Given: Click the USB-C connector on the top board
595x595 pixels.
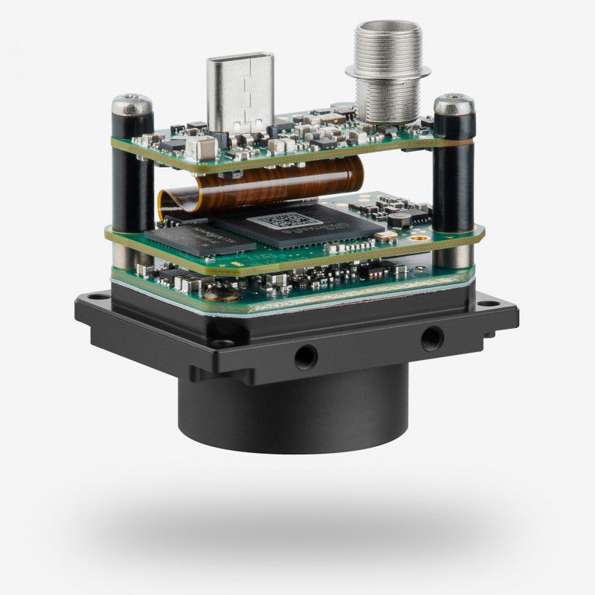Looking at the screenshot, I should (x=240, y=89).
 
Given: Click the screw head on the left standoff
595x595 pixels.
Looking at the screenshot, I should (x=132, y=104).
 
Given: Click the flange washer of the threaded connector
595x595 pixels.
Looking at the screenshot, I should (x=387, y=71).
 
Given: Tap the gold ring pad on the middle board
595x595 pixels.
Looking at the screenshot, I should (x=387, y=235).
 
